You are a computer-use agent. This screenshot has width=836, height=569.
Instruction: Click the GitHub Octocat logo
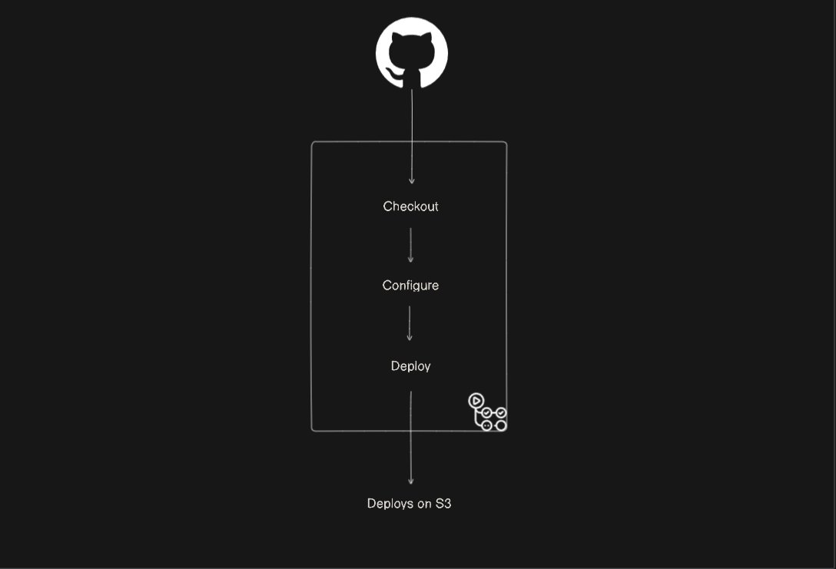[x=412, y=52]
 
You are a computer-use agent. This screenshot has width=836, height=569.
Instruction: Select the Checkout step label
[x=410, y=207]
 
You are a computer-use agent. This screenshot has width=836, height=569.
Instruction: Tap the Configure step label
[x=410, y=286]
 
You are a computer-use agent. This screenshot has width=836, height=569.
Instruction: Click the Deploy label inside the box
[x=410, y=366]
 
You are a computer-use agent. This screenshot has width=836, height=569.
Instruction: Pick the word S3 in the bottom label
[x=443, y=504]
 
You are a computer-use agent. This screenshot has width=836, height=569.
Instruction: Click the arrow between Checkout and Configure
[x=410, y=245]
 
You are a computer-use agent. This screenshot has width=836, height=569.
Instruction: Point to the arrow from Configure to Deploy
[x=410, y=323]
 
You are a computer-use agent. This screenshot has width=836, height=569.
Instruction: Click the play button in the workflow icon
[x=476, y=400]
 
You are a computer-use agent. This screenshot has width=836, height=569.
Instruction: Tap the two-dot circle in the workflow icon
[x=486, y=425]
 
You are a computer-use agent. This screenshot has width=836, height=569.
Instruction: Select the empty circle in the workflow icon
[x=501, y=425]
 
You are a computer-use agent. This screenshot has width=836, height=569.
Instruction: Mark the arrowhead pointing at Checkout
[x=412, y=180]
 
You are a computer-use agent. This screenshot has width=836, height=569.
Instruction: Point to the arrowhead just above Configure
[x=410, y=260]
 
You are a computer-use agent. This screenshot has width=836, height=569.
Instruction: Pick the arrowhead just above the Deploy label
[x=410, y=338]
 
